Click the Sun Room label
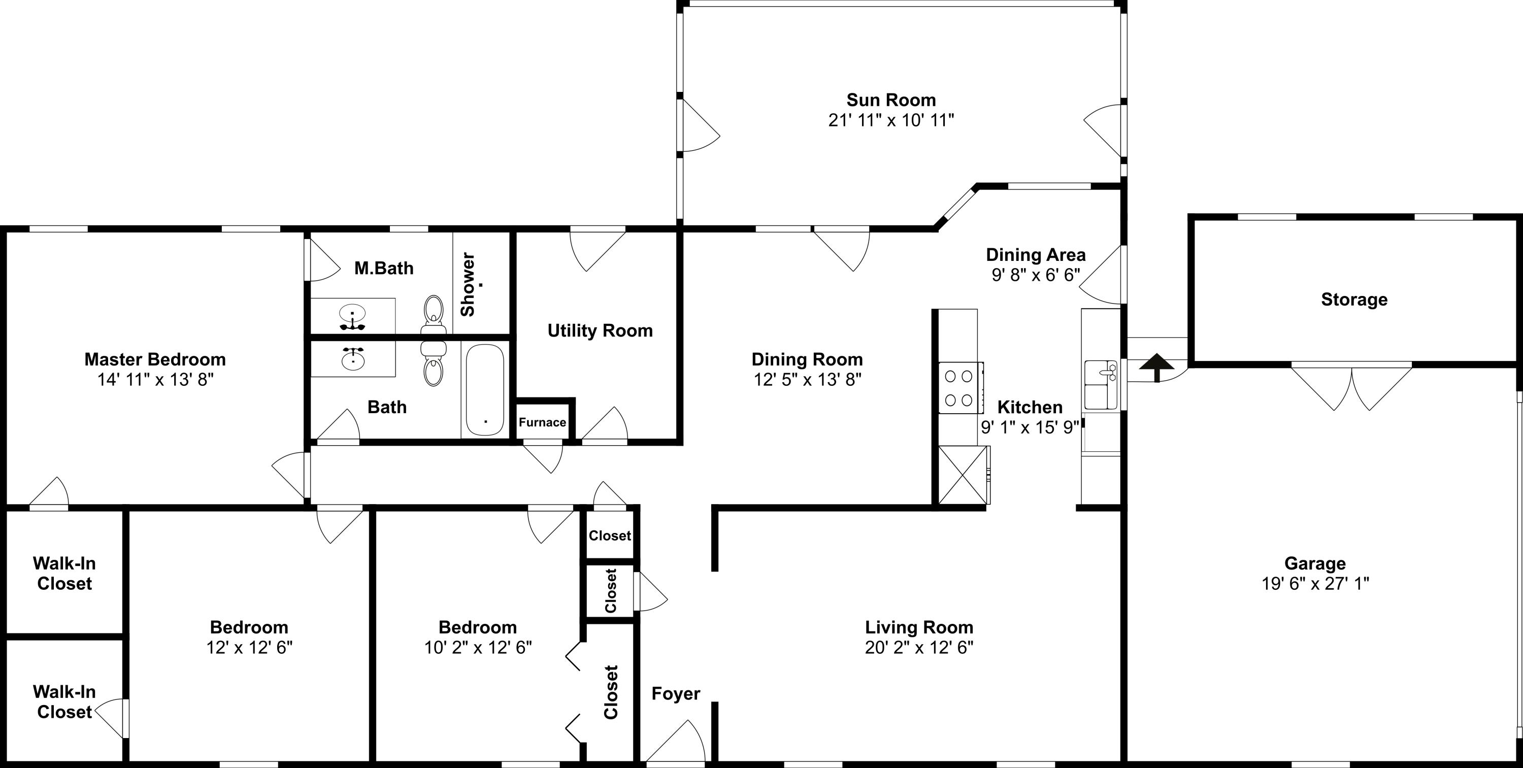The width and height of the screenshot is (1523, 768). (891, 100)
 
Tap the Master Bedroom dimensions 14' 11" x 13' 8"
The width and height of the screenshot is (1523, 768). (155, 380)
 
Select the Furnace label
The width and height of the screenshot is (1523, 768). (542, 422)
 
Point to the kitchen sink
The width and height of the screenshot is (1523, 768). (1101, 385)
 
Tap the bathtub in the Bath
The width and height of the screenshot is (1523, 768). (485, 390)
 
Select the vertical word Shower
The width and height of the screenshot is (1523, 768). (468, 284)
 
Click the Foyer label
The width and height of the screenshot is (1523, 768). (676, 693)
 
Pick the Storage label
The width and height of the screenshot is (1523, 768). (1354, 300)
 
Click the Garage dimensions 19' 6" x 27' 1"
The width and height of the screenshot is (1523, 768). (1315, 584)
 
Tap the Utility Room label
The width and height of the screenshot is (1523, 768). (600, 330)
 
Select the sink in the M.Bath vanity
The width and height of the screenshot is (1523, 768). (353, 314)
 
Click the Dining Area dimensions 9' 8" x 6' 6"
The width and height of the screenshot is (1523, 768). (1036, 275)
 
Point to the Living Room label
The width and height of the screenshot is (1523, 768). (919, 627)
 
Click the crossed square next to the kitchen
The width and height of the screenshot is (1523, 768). (963, 475)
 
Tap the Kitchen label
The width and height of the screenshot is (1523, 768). (1030, 408)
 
